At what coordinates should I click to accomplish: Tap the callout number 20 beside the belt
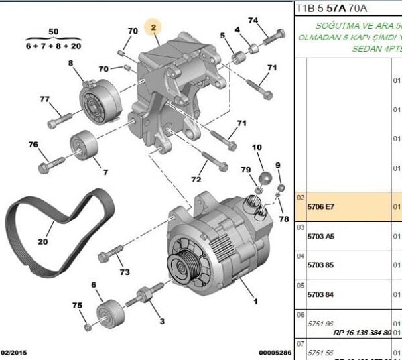tap(43, 242)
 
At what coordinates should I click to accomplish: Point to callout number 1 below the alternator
tap(255, 302)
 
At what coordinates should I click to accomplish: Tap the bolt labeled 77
tap(58, 119)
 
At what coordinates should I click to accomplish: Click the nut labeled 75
tap(88, 327)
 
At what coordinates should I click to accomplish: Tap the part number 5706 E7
tap(320, 207)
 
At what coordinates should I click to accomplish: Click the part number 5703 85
tap(320, 265)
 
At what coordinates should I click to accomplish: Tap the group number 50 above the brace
tap(53, 32)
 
